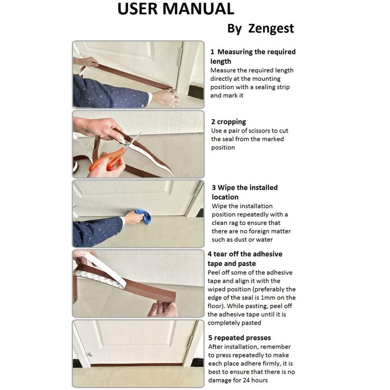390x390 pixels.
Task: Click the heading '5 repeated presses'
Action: tap(239, 338)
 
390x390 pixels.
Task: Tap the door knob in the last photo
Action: tap(90, 354)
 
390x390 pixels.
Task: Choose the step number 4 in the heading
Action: tap(210, 254)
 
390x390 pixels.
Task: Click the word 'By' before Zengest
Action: tap(234, 29)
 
